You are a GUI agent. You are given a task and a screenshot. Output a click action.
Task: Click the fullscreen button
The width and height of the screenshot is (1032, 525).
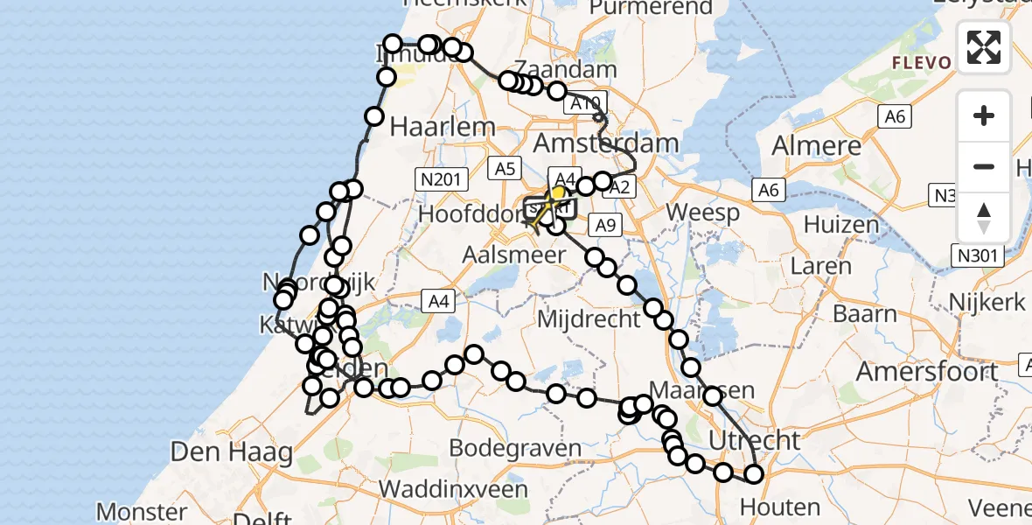point(984,46)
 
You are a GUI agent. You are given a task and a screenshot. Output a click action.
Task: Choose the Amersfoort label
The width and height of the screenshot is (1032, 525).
point(928,371)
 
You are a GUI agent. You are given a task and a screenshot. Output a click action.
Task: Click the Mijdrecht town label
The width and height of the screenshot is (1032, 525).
point(589,318)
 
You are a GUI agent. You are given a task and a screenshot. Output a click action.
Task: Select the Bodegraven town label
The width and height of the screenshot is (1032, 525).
point(515,449)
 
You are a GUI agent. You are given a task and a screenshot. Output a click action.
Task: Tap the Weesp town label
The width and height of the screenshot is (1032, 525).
point(702,213)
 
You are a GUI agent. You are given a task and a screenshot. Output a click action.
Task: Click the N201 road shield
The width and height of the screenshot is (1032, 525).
point(437,179)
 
